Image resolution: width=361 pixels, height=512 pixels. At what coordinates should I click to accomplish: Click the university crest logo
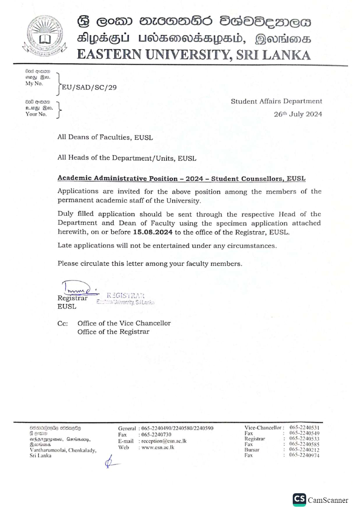[x=45, y=35]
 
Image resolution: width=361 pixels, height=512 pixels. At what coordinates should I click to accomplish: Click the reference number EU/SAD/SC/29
[x=89, y=87]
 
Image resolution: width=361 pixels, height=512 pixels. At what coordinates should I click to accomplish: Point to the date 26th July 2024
[x=298, y=114]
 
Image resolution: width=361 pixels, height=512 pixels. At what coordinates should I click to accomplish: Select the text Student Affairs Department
[x=276, y=101]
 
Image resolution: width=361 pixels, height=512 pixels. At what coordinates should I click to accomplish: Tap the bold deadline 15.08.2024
[x=153, y=232]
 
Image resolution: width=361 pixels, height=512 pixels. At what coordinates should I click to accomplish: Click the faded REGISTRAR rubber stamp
[x=126, y=298]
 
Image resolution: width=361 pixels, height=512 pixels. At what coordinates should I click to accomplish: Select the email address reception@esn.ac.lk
[x=164, y=441]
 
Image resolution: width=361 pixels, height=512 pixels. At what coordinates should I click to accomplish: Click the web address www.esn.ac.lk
[x=158, y=448]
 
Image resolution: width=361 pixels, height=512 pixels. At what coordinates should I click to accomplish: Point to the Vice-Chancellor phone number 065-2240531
[x=304, y=428]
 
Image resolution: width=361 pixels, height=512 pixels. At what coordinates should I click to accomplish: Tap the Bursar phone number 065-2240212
[x=304, y=450]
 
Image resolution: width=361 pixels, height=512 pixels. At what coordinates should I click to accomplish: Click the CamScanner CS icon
[x=299, y=499]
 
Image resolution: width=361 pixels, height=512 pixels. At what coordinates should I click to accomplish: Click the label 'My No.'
[x=34, y=84]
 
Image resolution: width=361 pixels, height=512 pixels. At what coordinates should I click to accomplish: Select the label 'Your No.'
[x=36, y=114]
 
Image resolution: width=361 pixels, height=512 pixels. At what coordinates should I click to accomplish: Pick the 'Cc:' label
[x=63, y=324]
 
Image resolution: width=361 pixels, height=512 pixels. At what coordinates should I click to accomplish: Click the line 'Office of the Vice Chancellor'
[x=124, y=323]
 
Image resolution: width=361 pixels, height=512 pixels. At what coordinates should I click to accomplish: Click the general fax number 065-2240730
[x=156, y=435]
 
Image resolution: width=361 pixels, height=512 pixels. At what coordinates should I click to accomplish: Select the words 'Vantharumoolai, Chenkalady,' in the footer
[x=63, y=450]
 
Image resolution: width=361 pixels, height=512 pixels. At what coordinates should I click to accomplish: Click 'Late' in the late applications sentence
[x=65, y=245]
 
